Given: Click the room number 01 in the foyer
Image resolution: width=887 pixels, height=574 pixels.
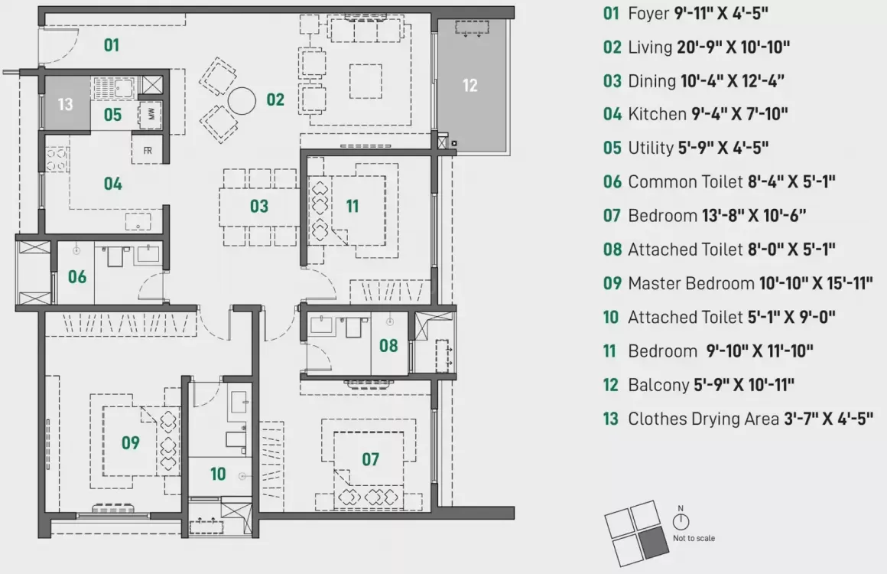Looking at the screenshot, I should pos(112,45).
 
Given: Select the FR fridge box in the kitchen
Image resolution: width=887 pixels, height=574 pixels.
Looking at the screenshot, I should pos(147,150).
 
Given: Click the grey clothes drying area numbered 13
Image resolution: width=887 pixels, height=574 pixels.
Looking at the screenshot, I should pos(65,103).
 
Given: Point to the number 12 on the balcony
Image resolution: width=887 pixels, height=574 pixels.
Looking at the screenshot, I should pos(469,85).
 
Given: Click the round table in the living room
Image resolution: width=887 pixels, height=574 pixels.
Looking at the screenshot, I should pos(243,101).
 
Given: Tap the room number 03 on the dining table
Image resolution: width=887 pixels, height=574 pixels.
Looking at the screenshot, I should pos(259,206).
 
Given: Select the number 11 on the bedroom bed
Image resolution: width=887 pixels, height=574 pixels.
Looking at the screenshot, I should pos(352,206).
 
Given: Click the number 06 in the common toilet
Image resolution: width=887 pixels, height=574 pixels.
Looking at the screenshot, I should pos(76,276).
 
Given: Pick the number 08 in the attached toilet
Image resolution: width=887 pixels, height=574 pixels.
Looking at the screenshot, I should pos(388,345).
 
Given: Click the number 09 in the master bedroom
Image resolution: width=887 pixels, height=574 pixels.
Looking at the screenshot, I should pos(130,442).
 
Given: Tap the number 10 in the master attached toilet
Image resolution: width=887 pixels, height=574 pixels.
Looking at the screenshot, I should pos(218,474).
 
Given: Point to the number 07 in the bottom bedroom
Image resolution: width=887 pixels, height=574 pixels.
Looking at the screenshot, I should pos(370,459).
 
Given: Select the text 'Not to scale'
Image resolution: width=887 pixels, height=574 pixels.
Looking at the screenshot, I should pos(694,538).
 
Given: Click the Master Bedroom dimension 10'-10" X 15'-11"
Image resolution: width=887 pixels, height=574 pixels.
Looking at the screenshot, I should pos(816,283).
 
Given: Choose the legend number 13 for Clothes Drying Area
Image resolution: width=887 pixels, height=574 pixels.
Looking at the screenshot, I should pos(610,419).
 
